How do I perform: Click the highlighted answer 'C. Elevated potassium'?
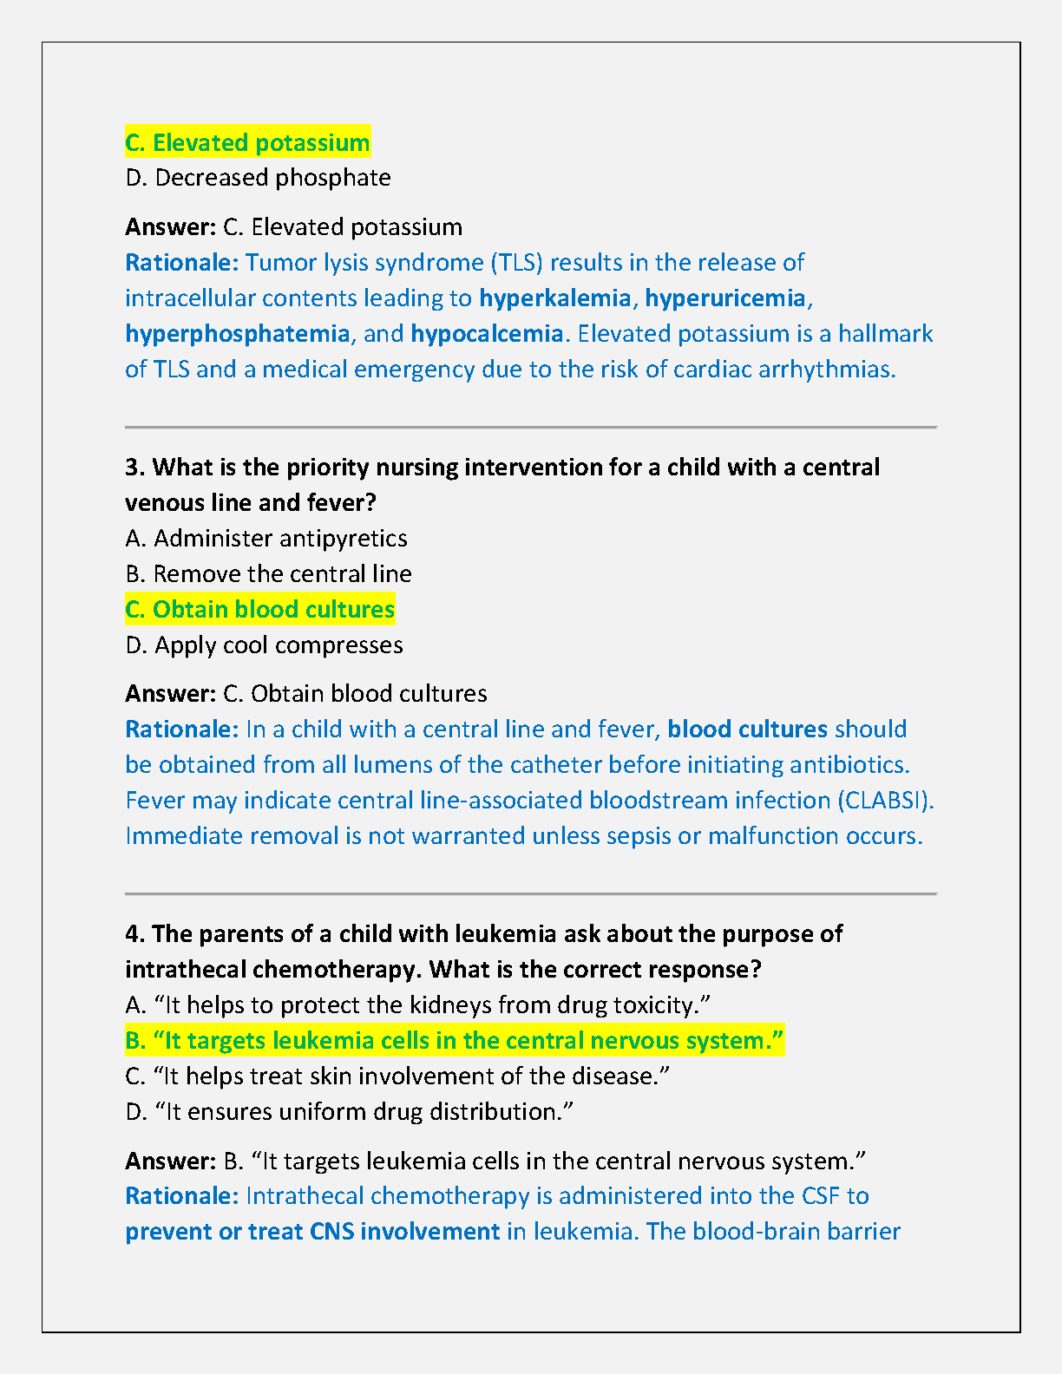click(247, 142)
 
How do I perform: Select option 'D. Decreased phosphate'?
click(258, 178)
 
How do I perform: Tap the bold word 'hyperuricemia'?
click(725, 298)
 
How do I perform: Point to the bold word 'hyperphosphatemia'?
click(237, 334)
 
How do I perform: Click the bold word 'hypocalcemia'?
click(487, 334)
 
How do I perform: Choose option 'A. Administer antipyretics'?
click(265, 539)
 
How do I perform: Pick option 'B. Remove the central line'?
click(268, 574)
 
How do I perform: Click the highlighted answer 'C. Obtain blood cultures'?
click(259, 610)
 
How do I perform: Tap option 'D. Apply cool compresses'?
click(264, 645)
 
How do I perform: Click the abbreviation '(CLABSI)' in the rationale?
click(885, 800)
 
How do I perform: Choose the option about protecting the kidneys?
click(417, 1005)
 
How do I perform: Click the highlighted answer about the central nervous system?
click(454, 1040)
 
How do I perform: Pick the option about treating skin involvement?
click(397, 1076)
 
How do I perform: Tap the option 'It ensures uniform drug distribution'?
click(349, 1112)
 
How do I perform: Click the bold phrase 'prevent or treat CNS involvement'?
click(312, 1232)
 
